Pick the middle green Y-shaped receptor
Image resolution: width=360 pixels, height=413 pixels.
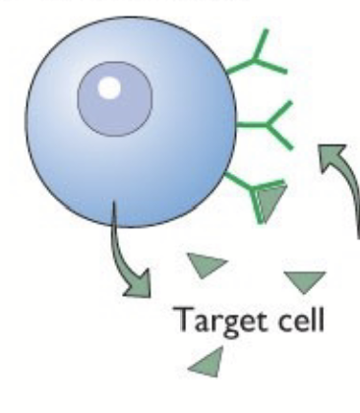[x=263, y=125]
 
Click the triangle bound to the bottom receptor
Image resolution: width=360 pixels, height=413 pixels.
[x=270, y=201]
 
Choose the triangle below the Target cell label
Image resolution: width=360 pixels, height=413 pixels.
[x=203, y=366]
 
